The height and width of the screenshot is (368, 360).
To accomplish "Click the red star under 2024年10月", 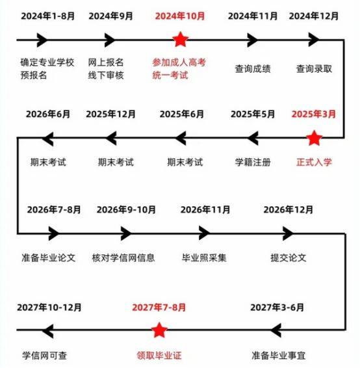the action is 181,40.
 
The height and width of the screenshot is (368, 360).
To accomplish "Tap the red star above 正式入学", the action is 314,138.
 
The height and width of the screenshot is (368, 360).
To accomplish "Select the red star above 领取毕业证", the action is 159,330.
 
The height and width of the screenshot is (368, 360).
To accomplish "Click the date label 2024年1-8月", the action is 48,16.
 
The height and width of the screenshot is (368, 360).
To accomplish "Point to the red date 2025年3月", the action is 314,114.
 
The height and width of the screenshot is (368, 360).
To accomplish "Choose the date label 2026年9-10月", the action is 126,209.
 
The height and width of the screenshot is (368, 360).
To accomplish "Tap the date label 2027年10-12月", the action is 49,308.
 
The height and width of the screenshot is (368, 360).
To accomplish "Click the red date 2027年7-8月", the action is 159,308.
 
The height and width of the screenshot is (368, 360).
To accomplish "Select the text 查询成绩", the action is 253,69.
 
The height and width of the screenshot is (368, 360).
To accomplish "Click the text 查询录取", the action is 314,69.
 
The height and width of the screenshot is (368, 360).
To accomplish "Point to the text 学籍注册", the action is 253,162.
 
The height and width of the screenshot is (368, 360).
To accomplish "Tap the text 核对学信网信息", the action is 123,257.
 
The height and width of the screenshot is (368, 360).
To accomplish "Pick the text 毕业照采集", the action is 204,257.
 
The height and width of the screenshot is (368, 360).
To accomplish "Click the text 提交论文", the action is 289,257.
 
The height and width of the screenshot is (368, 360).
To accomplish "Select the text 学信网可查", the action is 45,356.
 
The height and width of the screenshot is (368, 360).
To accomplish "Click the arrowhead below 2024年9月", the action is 110,40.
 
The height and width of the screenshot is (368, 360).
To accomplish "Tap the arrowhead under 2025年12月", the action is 111,138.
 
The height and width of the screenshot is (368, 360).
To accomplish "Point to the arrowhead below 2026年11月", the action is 204,233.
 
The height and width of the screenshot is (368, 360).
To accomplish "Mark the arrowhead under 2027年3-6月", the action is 276,330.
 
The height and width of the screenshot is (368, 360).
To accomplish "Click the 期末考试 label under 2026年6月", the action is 48,162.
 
